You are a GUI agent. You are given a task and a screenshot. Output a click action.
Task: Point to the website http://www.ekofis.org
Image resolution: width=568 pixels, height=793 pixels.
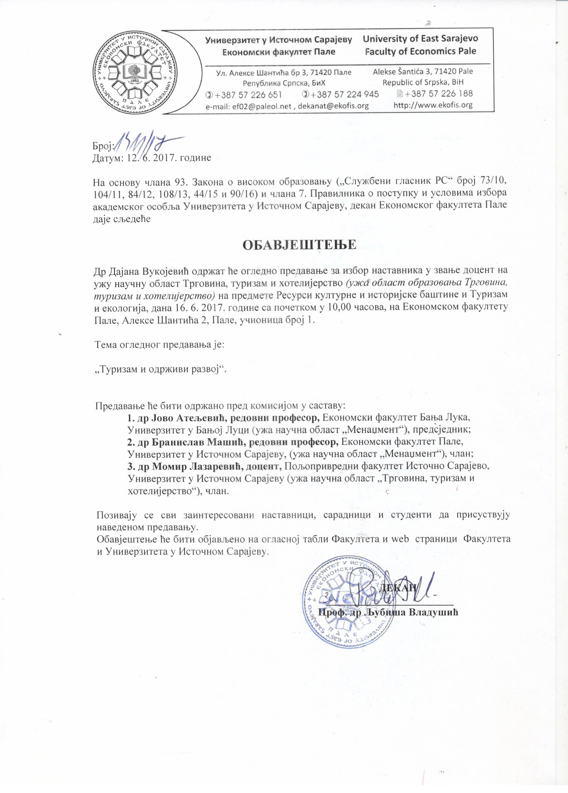[x=433, y=105]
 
